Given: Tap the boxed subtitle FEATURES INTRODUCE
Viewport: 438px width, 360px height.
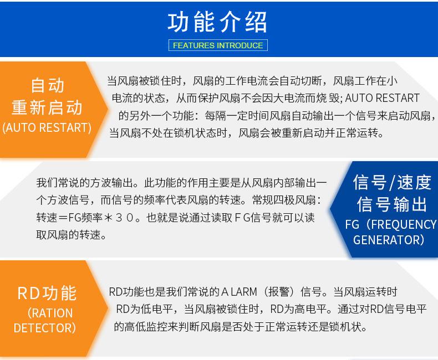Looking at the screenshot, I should (x=218, y=45).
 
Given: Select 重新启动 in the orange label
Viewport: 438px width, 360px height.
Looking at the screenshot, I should (x=47, y=106).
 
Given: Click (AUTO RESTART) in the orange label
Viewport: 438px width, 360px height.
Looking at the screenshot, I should (x=47, y=128).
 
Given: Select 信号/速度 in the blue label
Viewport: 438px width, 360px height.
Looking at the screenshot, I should (x=392, y=182).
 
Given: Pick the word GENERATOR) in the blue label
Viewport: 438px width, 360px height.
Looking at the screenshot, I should (x=388, y=240).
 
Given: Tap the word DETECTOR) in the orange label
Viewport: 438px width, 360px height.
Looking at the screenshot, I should (x=45, y=328).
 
